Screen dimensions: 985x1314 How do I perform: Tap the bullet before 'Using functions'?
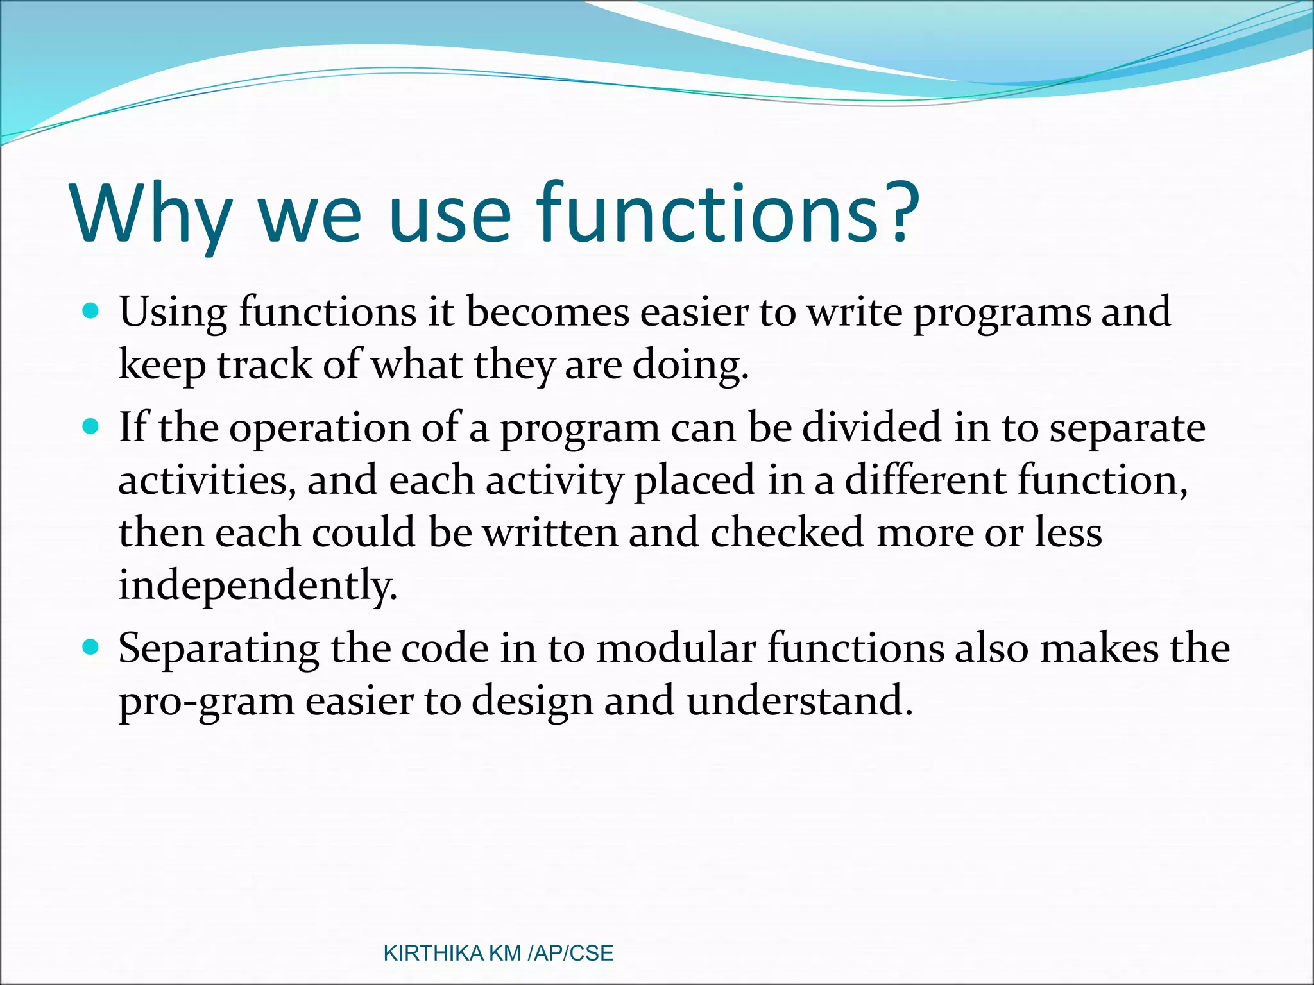92,312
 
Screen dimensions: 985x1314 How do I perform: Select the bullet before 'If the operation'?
92,427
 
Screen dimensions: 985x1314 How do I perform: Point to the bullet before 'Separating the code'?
92,648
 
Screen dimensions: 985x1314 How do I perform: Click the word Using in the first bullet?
173,313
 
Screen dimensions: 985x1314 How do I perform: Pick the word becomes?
547,313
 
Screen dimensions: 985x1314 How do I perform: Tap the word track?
264,366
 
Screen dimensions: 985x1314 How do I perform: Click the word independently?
258,586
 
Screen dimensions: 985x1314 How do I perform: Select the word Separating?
218,649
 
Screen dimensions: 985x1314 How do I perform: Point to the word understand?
799,700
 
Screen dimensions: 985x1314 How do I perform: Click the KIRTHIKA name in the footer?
433,953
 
